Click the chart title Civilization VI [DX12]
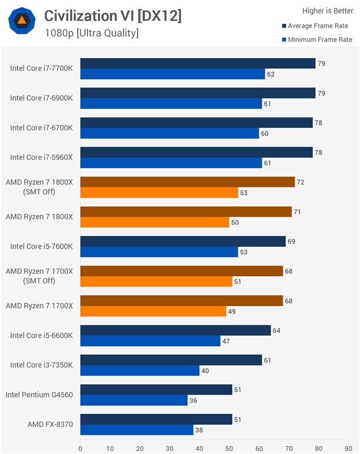tap(113, 16)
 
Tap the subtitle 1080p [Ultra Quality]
tap(91, 33)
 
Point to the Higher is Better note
tap(328, 10)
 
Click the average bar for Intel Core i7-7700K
tap(198, 64)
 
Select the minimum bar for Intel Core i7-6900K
tap(171, 104)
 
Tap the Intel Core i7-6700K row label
tap(41, 128)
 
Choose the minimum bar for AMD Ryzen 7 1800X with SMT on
tap(155, 223)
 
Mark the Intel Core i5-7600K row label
tap(41, 246)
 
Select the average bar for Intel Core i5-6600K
tap(176, 330)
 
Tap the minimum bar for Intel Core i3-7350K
tap(140, 371)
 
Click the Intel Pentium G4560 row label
tap(39, 395)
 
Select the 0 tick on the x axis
tap(80, 447)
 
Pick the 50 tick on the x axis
tap(229, 447)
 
